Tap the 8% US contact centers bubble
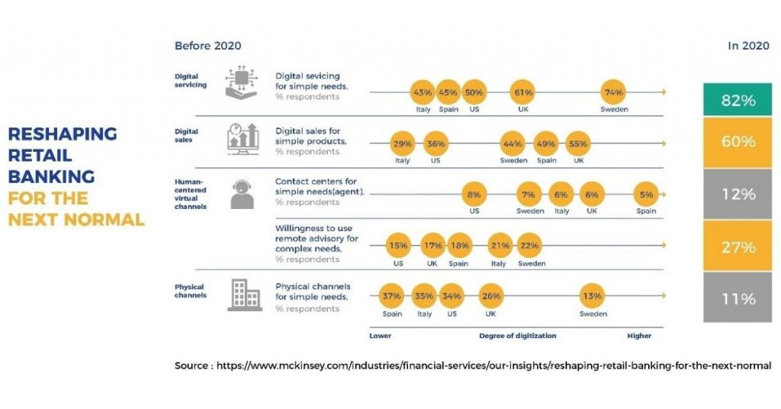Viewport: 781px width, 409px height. coord(474,195)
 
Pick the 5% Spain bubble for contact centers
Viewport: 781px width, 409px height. coord(646,195)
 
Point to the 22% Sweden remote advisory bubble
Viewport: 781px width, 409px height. coord(528,246)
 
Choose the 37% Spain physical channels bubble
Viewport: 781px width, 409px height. coord(391,296)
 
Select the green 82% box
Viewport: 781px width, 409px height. coord(738,100)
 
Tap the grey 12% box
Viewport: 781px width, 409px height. coord(738,195)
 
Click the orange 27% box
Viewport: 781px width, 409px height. coord(738,246)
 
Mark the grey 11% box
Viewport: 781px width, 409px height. coord(738,298)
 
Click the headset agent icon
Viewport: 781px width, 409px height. coord(242,194)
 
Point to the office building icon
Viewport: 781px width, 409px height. coord(244,296)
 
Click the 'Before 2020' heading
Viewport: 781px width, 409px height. coord(207,46)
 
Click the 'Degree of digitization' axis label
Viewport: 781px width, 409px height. coord(517,336)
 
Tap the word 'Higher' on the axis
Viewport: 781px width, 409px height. coord(639,336)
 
